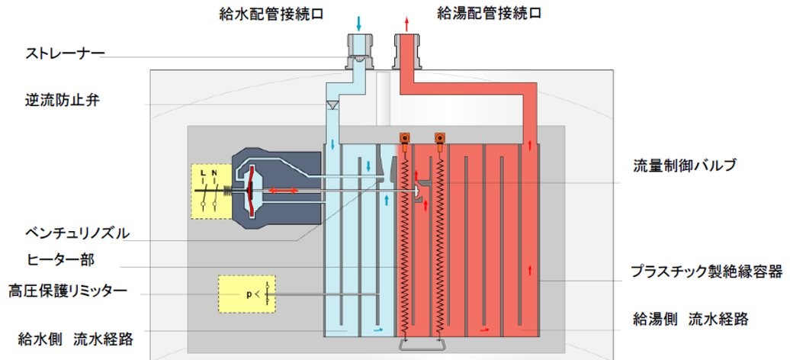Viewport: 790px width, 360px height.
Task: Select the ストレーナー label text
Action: pos(65,53)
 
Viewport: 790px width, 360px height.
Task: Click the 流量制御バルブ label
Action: pos(685,165)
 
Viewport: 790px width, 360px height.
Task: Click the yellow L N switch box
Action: pos(208,191)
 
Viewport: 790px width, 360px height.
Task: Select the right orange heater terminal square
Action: pos(439,138)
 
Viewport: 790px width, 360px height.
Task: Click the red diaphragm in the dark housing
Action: pos(249,191)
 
